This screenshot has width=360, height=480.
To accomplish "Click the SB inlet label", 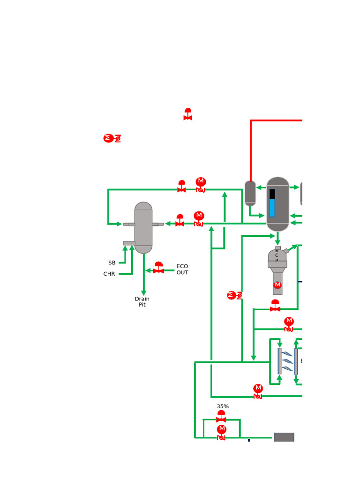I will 112,263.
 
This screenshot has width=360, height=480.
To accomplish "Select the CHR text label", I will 109,274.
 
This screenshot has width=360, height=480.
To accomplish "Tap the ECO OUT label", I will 182,270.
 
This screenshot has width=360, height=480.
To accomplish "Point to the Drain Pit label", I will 142,302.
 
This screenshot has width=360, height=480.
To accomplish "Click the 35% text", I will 223,406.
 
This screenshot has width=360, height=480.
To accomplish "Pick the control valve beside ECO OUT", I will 159,269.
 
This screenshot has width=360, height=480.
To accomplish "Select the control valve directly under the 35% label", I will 221,417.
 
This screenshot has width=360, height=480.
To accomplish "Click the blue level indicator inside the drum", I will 272,208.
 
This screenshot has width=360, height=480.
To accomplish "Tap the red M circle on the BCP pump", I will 277,285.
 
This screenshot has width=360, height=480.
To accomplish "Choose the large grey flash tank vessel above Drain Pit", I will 143,228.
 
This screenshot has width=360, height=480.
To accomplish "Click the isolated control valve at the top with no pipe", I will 188,115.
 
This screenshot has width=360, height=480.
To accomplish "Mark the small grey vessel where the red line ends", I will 250,193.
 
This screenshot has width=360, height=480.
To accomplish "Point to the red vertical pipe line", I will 251,150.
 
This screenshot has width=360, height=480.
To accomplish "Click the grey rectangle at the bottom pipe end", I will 284,437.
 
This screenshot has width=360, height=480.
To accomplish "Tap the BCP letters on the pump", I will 277,255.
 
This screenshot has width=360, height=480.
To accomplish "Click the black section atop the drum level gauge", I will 272,194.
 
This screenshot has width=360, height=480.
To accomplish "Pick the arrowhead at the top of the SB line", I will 125,248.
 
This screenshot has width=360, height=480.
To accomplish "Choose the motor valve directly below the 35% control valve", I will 222,432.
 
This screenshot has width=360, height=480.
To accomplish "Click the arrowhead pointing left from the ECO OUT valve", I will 148,270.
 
